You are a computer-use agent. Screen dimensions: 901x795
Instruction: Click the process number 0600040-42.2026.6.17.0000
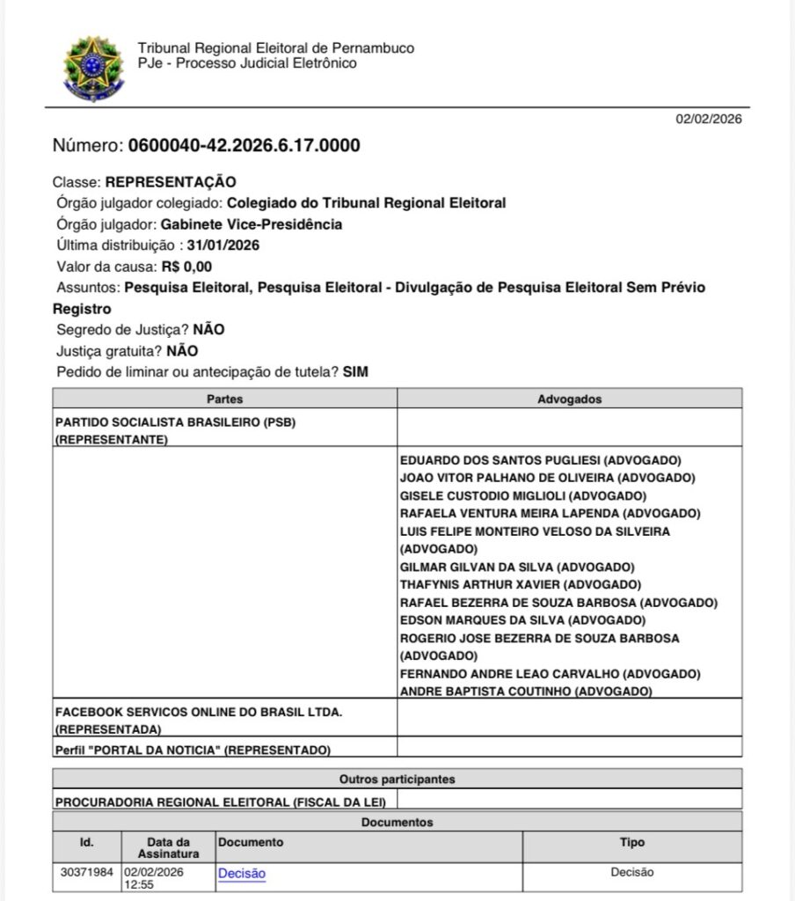[244, 146]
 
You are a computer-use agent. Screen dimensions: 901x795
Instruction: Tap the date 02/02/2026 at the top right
[708, 120]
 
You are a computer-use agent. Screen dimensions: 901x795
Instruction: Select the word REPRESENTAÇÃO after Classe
[171, 183]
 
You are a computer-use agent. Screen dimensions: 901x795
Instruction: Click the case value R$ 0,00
[187, 266]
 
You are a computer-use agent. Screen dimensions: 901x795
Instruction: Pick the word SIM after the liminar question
[355, 371]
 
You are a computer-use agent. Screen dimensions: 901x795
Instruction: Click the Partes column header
[225, 399]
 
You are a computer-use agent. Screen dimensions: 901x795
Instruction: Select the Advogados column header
[569, 399]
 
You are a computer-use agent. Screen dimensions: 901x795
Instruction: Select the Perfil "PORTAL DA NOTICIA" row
[193, 750]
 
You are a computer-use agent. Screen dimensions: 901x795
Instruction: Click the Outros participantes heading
[397, 780]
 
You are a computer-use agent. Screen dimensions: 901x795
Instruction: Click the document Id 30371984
[87, 873]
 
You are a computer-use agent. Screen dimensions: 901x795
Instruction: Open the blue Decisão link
[242, 873]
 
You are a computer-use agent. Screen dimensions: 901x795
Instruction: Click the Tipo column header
[631, 843]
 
